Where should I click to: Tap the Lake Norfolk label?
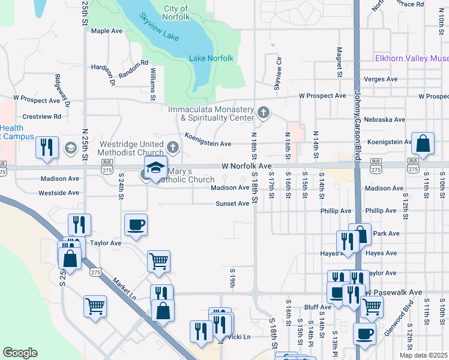[x=211, y=58]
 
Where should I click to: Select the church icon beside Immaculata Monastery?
[x=263, y=112]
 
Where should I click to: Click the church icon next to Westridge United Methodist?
[x=173, y=147]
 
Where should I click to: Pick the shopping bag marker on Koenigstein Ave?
[x=423, y=144]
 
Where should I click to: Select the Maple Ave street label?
[x=106, y=31]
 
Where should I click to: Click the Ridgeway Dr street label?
[x=62, y=91]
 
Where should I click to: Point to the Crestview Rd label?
[x=41, y=116]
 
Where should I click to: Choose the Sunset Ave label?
[x=232, y=204]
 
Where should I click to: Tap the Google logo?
[x=20, y=353]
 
